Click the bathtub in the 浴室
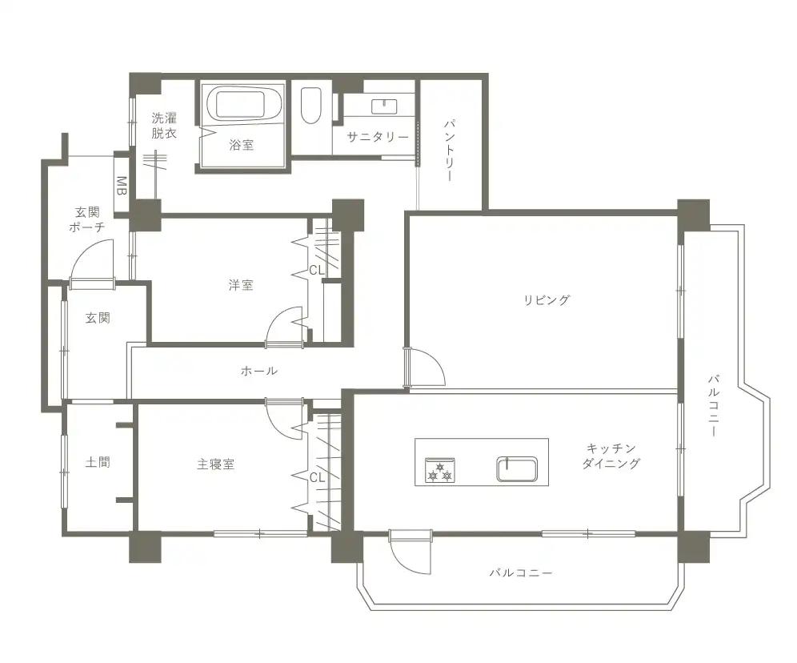(x=242, y=104)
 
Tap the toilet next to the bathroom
(x=310, y=106)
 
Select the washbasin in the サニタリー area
(x=384, y=106)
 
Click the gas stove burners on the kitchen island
(x=440, y=470)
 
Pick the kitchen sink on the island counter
(x=517, y=468)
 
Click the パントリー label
(x=450, y=151)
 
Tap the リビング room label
(x=547, y=300)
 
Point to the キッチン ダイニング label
(x=611, y=456)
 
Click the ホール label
(x=259, y=371)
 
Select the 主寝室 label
(x=215, y=464)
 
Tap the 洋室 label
(x=240, y=285)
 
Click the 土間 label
(x=98, y=462)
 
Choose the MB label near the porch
(x=122, y=186)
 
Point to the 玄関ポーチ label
(x=87, y=219)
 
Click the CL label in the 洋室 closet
(x=317, y=271)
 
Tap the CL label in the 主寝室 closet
(x=317, y=477)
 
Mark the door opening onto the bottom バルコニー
(x=410, y=554)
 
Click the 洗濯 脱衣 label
(x=164, y=126)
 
